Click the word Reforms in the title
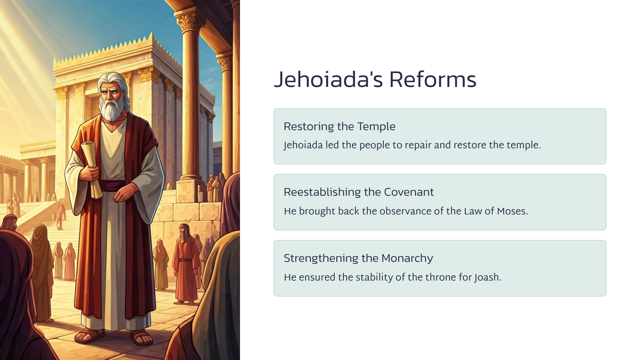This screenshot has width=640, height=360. [x=432, y=80]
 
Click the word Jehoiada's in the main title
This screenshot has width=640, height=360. [x=328, y=80]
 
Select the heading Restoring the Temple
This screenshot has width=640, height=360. [x=339, y=127]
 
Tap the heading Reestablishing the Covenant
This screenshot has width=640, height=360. [x=359, y=192]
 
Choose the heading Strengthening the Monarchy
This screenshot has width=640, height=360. [x=358, y=258]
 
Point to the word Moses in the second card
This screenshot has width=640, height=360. [x=512, y=211]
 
